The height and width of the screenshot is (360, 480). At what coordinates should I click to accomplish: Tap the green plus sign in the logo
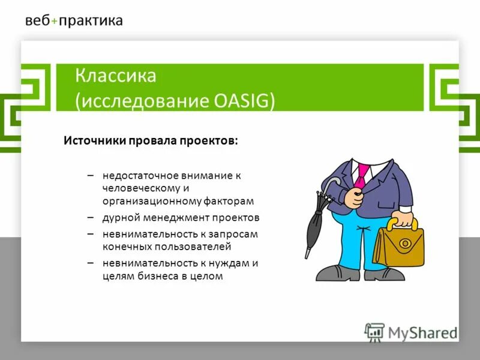[x=55, y=21]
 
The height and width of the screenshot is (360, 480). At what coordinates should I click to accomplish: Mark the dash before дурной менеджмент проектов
[x=90, y=217]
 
